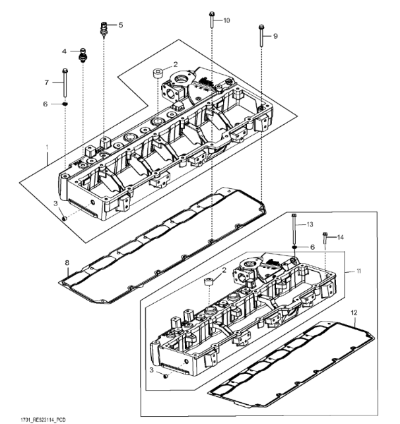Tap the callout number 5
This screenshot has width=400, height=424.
pos(121,25)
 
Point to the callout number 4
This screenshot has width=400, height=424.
pos(65,51)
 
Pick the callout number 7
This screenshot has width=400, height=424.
pos(47,82)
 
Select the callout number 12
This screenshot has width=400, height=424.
pos(354,310)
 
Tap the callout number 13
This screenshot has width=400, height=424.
pos(310,225)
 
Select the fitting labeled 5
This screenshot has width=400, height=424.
pos(104,28)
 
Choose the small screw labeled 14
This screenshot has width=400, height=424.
pos(325,238)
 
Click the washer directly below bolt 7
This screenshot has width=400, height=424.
pos(65,103)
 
